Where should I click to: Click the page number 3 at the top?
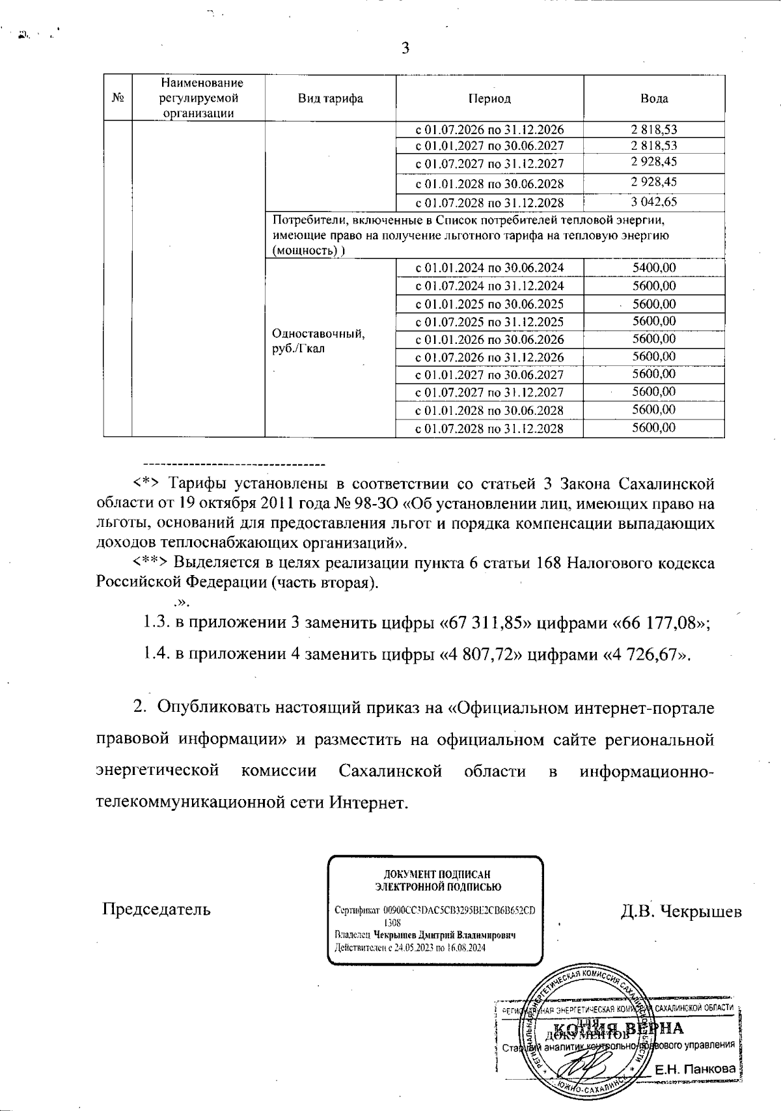405,48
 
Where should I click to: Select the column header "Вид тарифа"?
330,99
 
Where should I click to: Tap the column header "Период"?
489,99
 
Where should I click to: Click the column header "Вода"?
654,99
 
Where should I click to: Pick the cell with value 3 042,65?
654,202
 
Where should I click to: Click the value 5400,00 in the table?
654,268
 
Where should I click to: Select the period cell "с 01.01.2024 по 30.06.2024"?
489,268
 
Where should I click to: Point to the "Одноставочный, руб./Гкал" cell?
319,341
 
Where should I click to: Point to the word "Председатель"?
156,909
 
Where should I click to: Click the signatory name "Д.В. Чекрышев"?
681,910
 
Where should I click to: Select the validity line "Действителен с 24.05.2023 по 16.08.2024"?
410,948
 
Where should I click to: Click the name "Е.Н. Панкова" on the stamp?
695,1069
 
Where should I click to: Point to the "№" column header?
118,99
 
